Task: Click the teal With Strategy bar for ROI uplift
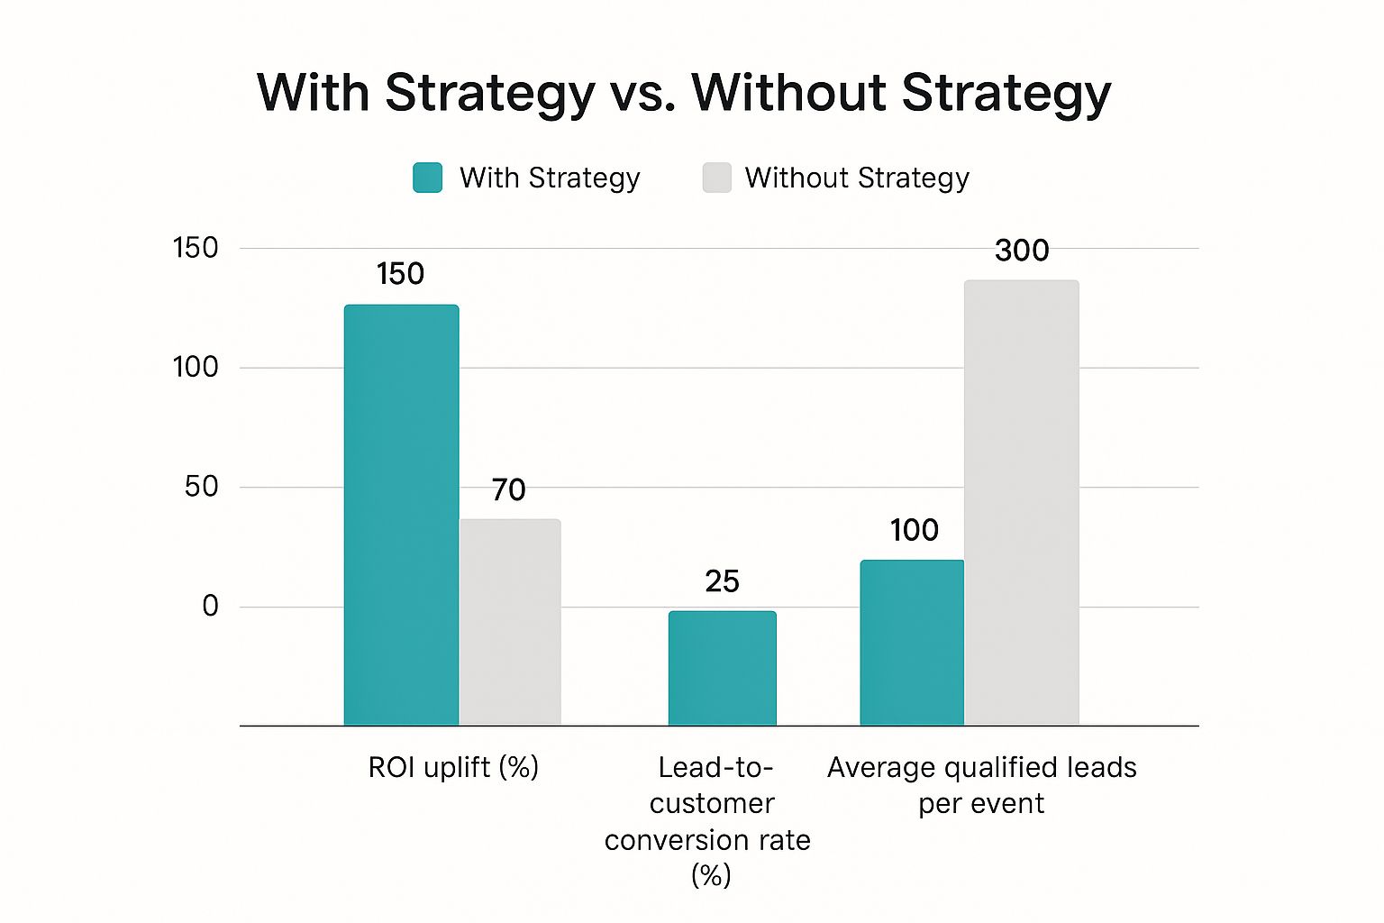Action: (x=401, y=514)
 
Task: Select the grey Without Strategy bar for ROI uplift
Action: (x=510, y=622)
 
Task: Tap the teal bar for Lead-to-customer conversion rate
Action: (x=722, y=668)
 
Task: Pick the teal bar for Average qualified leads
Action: (x=911, y=642)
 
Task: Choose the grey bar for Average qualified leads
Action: (x=1021, y=502)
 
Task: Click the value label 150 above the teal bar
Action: (x=400, y=274)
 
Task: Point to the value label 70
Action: (x=508, y=490)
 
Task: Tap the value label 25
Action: (x=722, y=582)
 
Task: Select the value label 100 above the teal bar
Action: (x=914, y=530)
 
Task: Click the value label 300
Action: (x=1022, y=251)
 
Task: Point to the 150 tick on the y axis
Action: (x=196, y=248)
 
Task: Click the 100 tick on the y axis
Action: (x=196, y=367)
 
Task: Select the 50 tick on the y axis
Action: (x=201, y=487)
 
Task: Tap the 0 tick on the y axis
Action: (x=210, y=606)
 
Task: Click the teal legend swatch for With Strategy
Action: (x=427, y=178)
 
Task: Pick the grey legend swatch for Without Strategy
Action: (x=716, y=178)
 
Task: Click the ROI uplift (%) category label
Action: (x=453, y=768)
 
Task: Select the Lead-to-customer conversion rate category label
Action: (x=709, y=821)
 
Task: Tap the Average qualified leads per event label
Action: (x=981, y=785)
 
